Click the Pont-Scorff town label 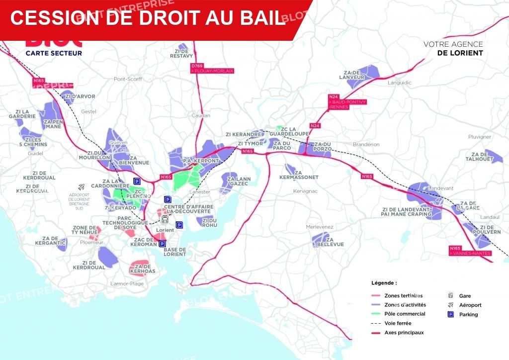(128, 79)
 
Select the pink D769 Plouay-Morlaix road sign (212, 69)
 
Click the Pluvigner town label (480, 137)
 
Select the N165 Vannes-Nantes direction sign (470, 251)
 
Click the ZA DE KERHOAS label (142, 269)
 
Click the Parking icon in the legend (451, 314)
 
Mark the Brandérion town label (366, 144)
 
